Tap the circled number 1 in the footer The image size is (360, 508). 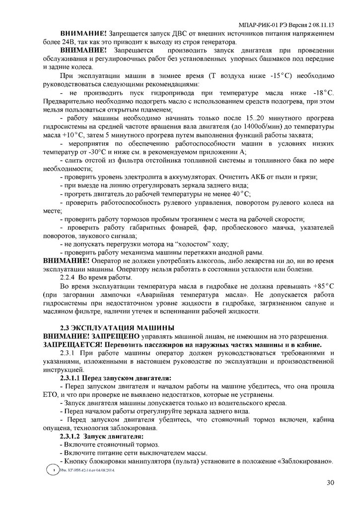[51, 469]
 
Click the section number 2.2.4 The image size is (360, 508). [70, 278]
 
